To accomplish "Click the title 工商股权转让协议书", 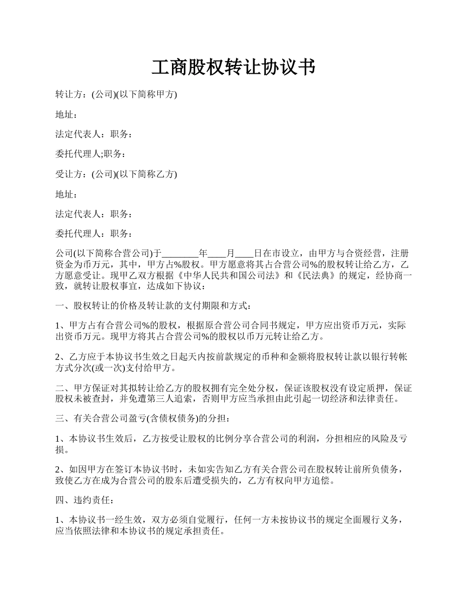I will (x=233, y=67).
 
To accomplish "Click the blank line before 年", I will (x=180, y=254).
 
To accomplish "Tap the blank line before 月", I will (x=217, y=254).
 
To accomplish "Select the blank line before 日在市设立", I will (x=244, y=254).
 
